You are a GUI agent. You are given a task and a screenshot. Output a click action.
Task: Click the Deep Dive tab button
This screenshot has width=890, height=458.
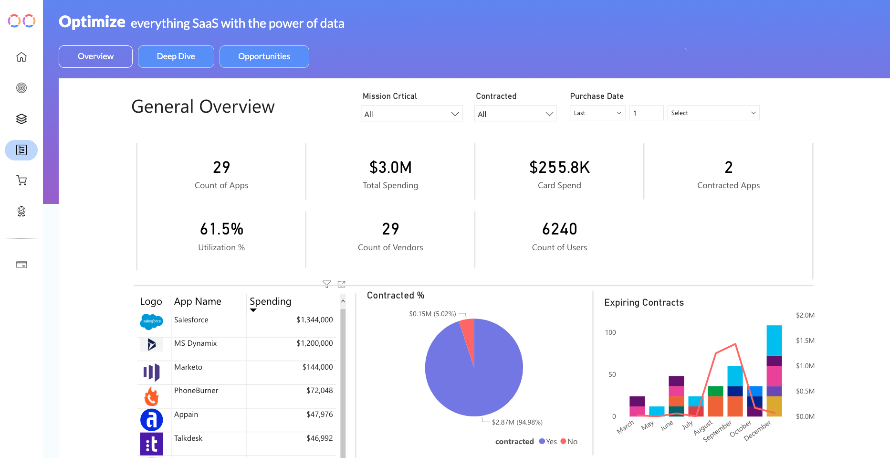click(x=176, y=57)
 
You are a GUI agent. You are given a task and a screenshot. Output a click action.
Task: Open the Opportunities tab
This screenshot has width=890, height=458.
click(x=264, y=57)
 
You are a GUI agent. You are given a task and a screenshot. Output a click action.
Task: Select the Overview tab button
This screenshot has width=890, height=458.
click(x=95, y=57)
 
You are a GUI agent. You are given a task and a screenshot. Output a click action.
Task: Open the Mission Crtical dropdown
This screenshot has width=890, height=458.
click(x=411, y=114)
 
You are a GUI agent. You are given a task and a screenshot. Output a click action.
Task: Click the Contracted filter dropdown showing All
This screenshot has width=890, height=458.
click(x=515, y=114)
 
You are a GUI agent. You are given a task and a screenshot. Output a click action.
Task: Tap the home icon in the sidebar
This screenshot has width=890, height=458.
click(x=21, y=57)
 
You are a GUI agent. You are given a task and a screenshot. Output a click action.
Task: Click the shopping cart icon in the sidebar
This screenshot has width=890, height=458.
click(x=21, y=181)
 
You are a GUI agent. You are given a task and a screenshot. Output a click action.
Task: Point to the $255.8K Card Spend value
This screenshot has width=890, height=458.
click(x=559, y=168)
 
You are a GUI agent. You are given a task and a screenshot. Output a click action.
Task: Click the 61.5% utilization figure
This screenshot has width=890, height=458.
click(x=221, y=229)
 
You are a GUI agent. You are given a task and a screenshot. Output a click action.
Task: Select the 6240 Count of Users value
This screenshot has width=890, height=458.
click(x=559, y=229)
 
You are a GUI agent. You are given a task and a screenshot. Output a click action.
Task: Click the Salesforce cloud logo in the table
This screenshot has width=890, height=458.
click(x=152, y=321)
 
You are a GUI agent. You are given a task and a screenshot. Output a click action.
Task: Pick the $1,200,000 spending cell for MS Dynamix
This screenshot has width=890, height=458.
click(x=314, y=343)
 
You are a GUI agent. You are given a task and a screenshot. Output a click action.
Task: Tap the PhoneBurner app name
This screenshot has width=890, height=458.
click(x=196, y=391)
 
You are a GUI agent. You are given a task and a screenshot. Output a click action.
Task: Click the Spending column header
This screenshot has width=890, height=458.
click(x=270, y=301)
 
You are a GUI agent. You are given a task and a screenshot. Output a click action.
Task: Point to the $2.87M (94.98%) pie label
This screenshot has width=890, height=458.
click(x=517, y=422)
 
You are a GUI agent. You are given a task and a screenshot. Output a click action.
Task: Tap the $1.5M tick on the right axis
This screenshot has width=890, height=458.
click(x=805, y=341)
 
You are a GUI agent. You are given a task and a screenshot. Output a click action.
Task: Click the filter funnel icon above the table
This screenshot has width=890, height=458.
click(x=326, y=284)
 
